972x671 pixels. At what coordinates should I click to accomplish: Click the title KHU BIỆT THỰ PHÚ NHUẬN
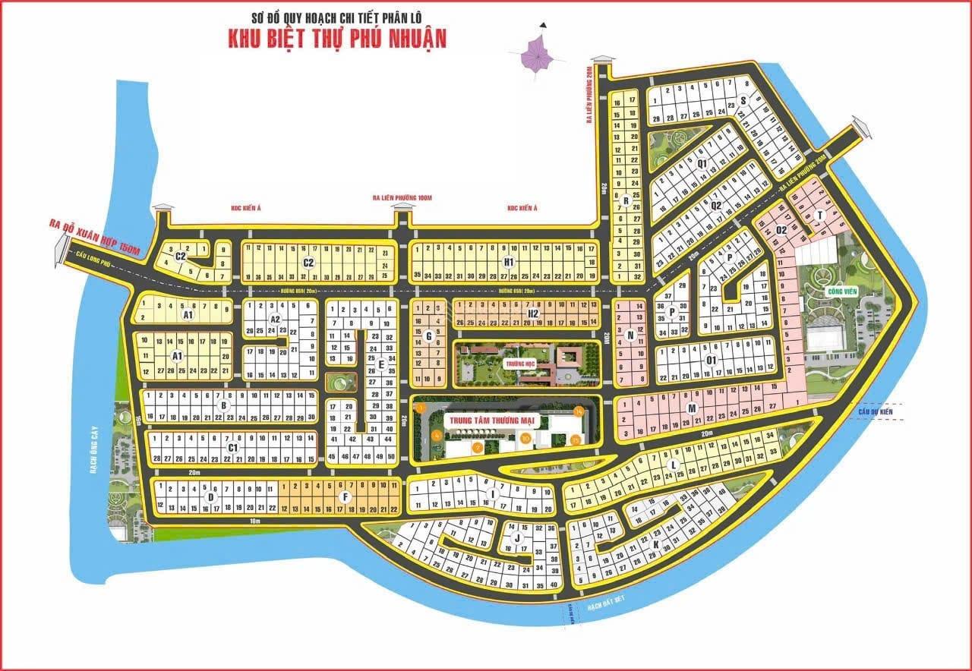[x=337, y=38]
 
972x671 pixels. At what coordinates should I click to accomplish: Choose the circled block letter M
[x=692, y=408]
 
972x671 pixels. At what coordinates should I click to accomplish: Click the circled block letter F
[x=346, y=497]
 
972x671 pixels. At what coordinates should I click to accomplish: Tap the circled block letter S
[x=743, y=99]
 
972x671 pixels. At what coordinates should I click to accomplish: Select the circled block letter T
[x=819, y=216]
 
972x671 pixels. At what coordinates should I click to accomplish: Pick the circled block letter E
[x=381, y=364]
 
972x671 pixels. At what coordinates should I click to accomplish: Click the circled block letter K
[x=655, y=543]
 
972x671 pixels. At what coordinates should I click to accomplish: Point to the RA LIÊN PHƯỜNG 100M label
[x=402, y=197]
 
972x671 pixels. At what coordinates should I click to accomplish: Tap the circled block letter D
[x=210, y=497]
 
